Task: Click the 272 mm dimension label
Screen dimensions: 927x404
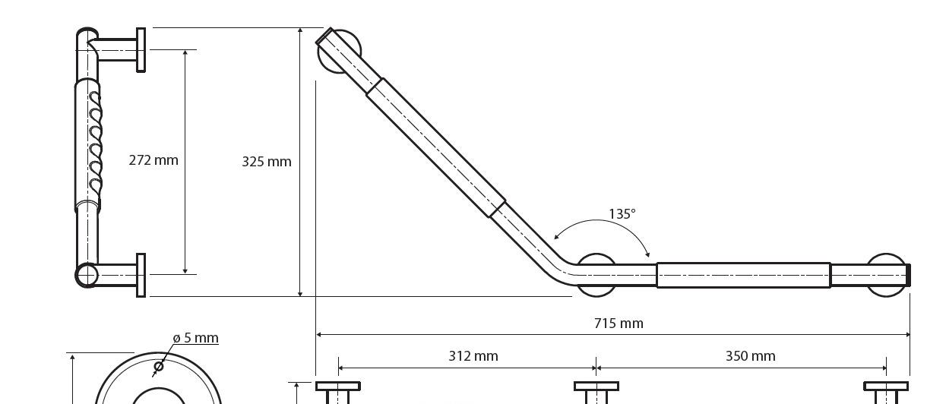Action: tap(153, 160)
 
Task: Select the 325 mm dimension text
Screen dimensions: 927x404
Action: tap(267, 161)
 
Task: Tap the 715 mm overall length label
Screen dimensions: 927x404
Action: tap(619, 324)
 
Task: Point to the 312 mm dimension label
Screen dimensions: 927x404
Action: tap(473, 356)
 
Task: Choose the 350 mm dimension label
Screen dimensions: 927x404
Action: tap(750, 356)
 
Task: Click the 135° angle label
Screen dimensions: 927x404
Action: tap(622, 214)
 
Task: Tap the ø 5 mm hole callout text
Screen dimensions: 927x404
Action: tap(196, 338)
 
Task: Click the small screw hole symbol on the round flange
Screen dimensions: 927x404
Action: tap(159, 366)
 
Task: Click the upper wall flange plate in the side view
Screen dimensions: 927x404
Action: tap(141, 50)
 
